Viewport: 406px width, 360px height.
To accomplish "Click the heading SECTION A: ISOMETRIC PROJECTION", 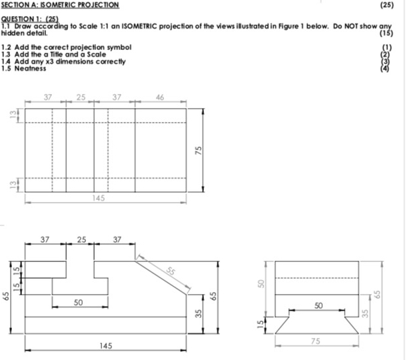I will pos(60,5).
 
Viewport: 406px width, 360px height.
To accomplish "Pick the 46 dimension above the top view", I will pos(160,97).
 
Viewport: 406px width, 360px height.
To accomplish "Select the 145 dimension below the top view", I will pos(99,198).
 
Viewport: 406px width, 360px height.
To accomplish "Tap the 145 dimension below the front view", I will pos(105,345).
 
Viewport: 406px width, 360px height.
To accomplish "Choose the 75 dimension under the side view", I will pos(317,341).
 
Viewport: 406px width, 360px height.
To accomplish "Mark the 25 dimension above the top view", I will pos(80,97).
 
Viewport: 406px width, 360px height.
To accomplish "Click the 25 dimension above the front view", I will pos(80,239).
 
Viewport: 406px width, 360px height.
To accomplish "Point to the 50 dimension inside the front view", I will pos(79,303).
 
